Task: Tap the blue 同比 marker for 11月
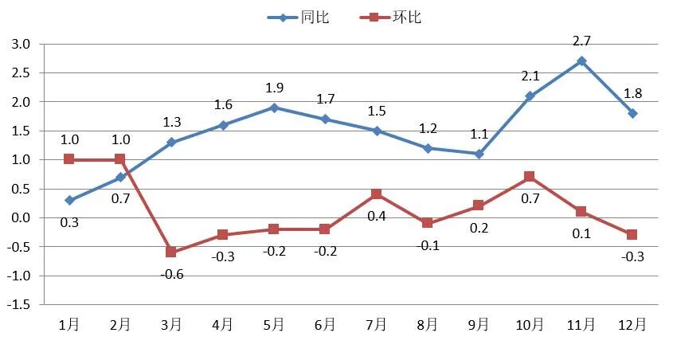click(581, 61)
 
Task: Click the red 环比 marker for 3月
click(171, 252)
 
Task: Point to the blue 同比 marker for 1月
click(69, 200)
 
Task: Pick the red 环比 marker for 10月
click(530, 177)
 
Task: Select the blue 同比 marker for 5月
click(274, 108)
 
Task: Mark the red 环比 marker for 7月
click(376, 194)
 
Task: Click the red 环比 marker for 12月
click(632, 234)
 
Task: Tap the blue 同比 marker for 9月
click(479, 154)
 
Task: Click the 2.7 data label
click(581, 41)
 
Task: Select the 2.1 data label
click(530, 76)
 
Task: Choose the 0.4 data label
click(376, 216)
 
